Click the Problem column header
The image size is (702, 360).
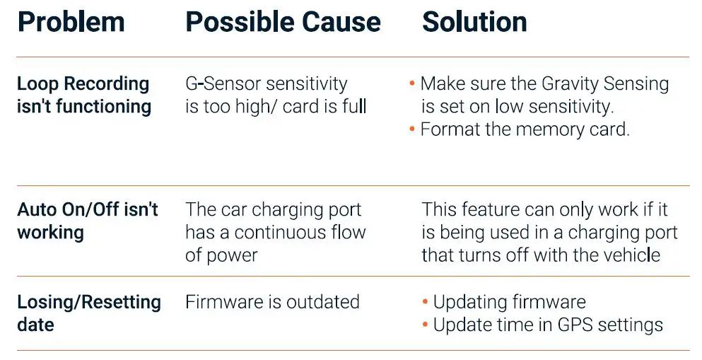tap(71, 23)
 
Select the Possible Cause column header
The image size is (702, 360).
tap(283, 23)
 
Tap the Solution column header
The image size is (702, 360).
tap(474, 23)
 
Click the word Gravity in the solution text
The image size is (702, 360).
tap(571, 84)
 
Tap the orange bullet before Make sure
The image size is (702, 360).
tap(412, 84)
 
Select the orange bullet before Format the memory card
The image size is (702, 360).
tap(412, 130)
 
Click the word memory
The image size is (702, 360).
tap(554, 130)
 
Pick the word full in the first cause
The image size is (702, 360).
tap(353, 107)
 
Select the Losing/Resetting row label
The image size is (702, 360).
tap(89, 303)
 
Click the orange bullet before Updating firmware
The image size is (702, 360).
tap(425, 303)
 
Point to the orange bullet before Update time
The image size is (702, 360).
tap(425, 325)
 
